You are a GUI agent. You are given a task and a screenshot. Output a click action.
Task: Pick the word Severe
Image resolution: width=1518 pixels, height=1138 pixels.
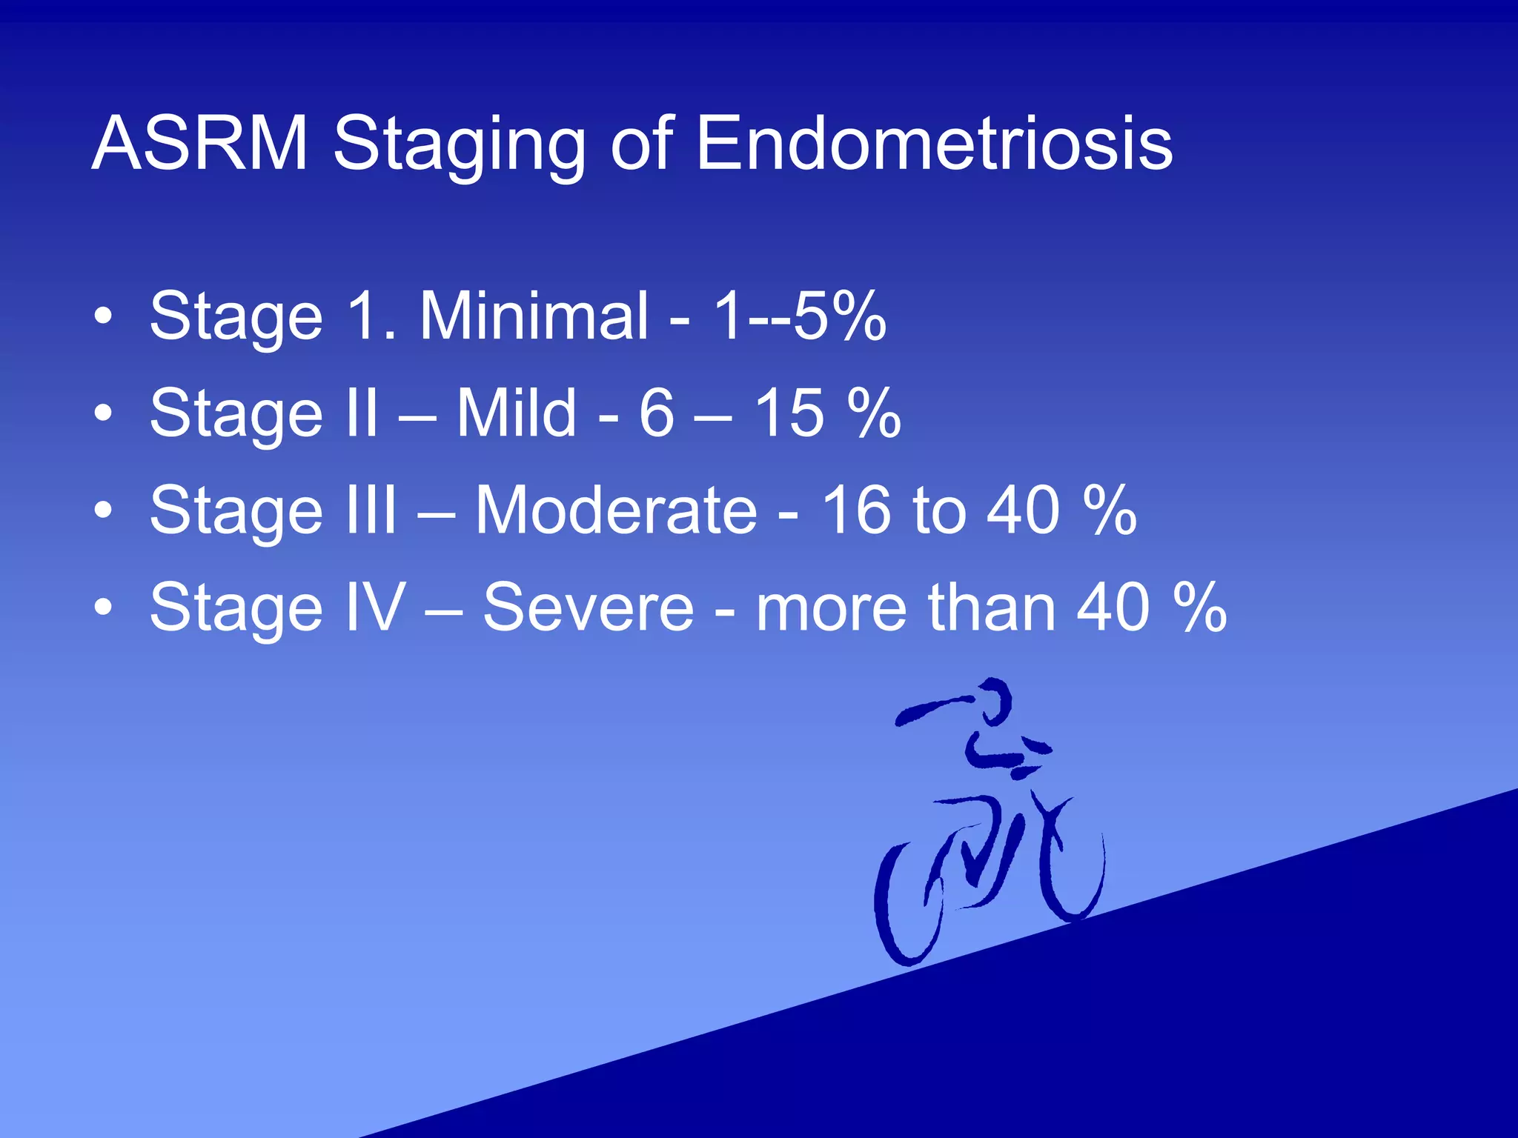pyautogui.click(x=589, y=608)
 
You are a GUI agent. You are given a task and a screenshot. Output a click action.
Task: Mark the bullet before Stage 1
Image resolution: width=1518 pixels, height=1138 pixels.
pyautogui.click(x=103, y=317)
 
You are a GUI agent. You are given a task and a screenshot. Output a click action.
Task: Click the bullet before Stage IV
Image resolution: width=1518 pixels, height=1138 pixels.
pyautogui.click(x=103, y=608)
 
